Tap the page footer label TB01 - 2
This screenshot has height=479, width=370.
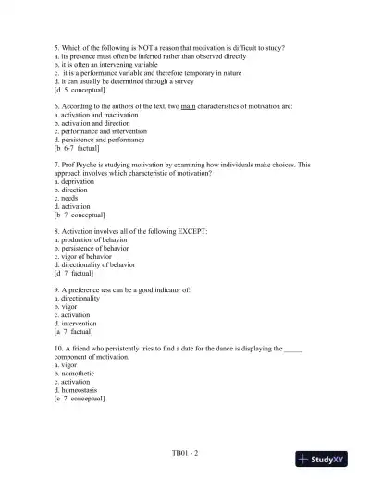point(185,453)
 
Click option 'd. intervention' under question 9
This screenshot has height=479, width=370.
point(77,323)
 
